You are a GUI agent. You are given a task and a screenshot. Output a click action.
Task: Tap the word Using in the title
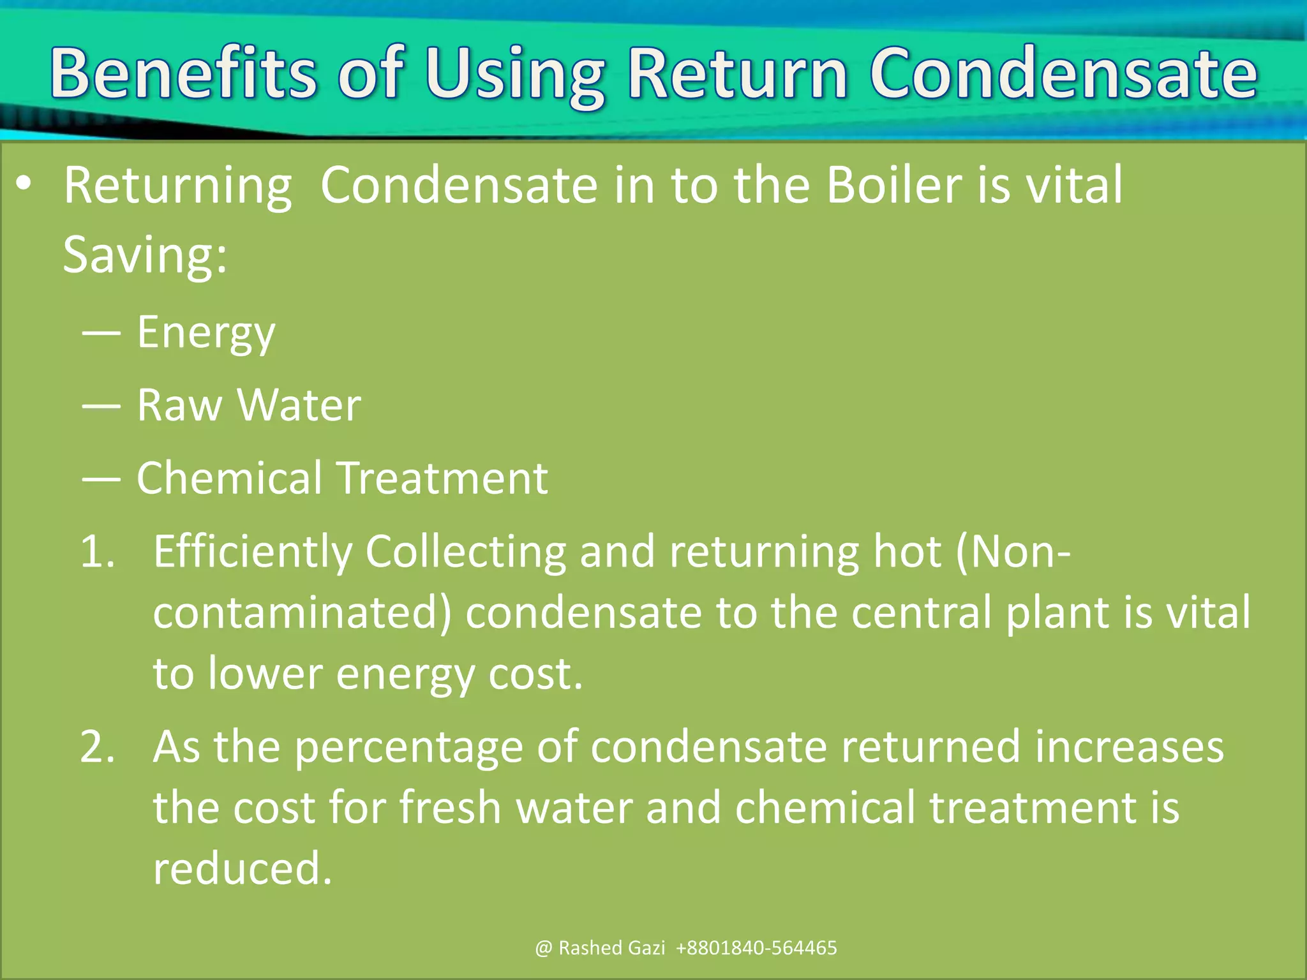(515, 77)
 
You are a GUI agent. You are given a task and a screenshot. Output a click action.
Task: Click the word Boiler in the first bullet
(893, 185)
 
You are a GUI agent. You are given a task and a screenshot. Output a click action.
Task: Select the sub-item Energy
(206, 334)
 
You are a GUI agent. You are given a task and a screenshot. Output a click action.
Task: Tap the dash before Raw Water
(101, 406)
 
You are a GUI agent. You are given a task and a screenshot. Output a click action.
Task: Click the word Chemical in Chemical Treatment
(229, 478)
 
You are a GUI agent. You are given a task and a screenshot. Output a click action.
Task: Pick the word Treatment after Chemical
(442, 478)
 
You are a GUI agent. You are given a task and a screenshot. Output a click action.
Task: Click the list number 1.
(97, 552)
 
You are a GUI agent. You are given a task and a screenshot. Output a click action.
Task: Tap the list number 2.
(97, 747)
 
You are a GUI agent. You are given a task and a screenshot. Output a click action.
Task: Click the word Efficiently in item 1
(252, 553)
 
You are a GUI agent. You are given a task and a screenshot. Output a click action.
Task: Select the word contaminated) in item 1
(302, 612)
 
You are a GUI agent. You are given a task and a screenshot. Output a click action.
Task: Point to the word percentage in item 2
(408, 748)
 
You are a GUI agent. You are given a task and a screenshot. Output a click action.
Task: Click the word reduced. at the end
(243, 868)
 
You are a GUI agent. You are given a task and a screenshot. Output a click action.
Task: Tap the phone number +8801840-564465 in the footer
(756, 948)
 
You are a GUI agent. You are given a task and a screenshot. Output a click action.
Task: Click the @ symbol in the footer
(543, 948)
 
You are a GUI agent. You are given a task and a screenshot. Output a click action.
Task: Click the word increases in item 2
(1129, 747)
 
